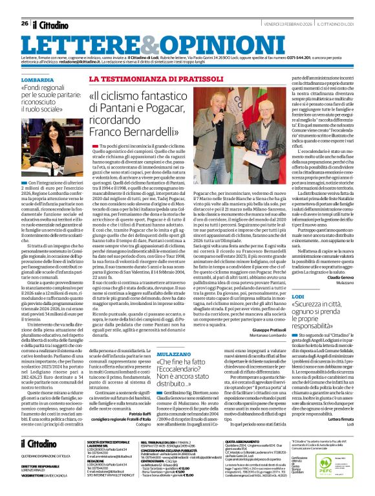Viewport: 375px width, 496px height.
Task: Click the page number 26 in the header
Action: (25, 5)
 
